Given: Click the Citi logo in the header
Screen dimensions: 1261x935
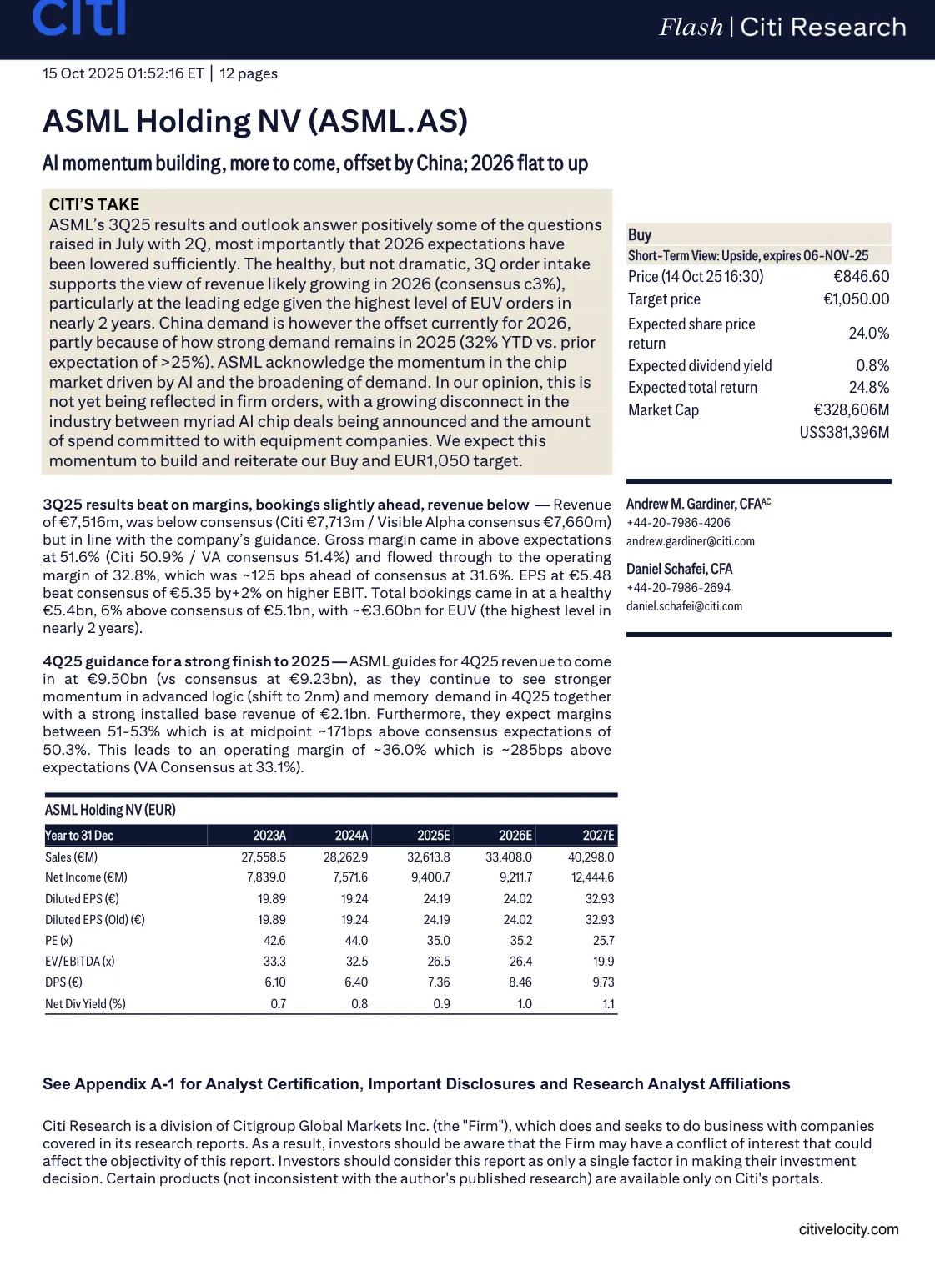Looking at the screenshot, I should coord(79,18).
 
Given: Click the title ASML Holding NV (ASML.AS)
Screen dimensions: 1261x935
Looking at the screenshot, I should coord(255,122).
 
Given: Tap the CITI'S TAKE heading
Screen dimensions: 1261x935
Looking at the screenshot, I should coord(94,204).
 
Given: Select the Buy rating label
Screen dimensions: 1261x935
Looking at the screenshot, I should coord(640,234).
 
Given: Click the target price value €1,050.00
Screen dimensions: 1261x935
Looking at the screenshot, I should coord(856,299).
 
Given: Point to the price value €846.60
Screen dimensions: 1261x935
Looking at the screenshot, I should coord(861,277).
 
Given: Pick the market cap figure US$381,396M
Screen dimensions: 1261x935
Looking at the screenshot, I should coord(844,432).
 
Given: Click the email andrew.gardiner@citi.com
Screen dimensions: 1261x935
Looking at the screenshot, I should coord(690,541).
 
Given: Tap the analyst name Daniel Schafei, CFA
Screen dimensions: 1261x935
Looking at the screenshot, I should coord(679,569).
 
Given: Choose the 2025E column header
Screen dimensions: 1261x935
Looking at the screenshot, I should coord(433,836).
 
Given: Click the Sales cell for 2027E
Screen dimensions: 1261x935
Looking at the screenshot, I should coord(591,857).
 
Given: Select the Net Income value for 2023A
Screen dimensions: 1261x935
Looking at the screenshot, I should coord(266,877).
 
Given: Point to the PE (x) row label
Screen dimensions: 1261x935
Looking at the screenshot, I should coord(59,941).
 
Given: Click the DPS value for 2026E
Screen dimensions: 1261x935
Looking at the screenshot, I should coord(520,982).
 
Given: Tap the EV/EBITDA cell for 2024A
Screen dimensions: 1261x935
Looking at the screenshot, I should coord(357,962).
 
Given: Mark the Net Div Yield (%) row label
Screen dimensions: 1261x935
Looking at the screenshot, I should coord(85,1004).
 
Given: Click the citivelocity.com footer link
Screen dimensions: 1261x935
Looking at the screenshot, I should coord(848,1229).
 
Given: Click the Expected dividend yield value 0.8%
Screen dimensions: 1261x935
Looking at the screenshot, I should coord(872,366).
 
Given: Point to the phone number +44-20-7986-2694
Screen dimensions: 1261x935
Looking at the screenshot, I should coord(678,588).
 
